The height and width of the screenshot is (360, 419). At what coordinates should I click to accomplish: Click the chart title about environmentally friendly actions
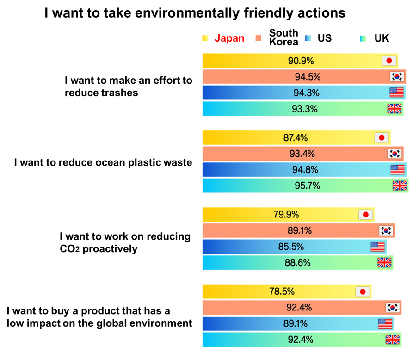tap(195, 13)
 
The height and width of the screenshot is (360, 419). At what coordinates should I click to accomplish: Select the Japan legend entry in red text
tap(229, 38)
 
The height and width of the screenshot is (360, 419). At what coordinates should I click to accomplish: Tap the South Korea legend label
tap(283, 37)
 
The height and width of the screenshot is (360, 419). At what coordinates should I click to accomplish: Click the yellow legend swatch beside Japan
tap(205, 38)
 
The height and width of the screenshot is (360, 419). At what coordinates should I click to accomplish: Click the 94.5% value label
tap(308, 77)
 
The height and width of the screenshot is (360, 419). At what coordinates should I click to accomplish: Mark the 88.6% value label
tap(297, 263)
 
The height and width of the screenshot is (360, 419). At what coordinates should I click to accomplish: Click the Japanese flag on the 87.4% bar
tap(382, 137)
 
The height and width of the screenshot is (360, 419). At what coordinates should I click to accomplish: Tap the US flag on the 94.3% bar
tap(396, 93)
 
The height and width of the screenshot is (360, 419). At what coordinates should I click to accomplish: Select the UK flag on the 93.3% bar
tap(394, 109)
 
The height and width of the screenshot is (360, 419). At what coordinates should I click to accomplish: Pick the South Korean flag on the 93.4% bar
tap(395, 154)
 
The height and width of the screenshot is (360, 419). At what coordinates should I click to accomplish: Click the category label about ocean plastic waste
tap(103, 162)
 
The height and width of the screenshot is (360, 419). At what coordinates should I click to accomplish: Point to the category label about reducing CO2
tap(125, 242)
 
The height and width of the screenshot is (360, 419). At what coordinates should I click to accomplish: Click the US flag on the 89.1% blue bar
tap(385, 323)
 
